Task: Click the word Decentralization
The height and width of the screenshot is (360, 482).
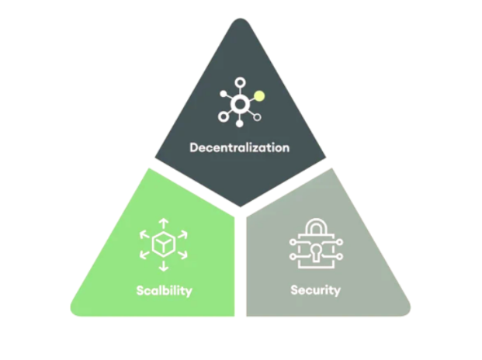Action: coord(239,147)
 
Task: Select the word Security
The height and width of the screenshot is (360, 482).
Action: coord(315,290)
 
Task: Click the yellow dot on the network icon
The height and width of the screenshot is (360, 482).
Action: coord(260,96)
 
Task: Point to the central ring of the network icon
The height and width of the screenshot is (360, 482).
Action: coord(240,104)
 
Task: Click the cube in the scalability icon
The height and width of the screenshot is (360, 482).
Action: coord(163,244)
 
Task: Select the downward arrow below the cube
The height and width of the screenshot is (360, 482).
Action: coord(163,267)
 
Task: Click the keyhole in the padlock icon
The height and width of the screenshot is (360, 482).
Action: coord(314,252)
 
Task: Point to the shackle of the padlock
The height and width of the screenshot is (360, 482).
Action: coord(314,227)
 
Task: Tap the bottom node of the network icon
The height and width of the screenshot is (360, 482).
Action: coord(240,123)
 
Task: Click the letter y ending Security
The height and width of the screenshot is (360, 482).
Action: coord(337,292)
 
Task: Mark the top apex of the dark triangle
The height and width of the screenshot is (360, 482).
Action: coord(241,21)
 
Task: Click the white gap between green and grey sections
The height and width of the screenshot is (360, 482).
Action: coord(241,264)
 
